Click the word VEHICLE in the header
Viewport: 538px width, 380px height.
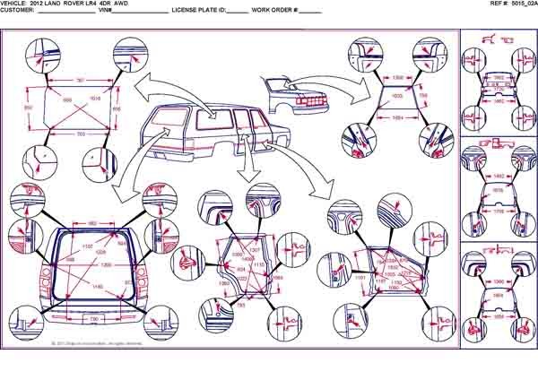point(16,4)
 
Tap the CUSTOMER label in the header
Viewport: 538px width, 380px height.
point(18,12)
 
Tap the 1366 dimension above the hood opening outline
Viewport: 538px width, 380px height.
point(397,79)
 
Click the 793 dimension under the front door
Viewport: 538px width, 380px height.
point(241,307)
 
